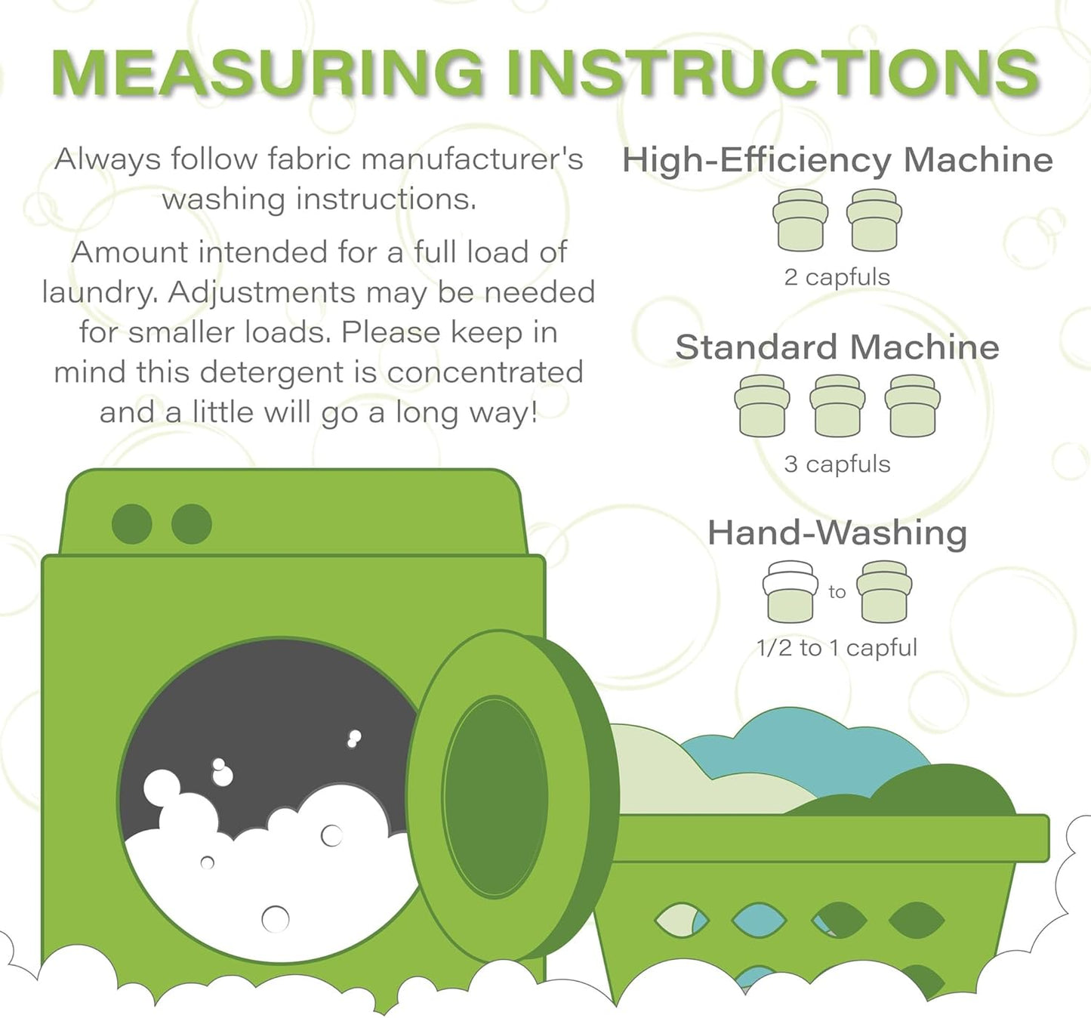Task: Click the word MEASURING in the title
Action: (x=267, y=72)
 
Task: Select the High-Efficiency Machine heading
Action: (x=837, y=160)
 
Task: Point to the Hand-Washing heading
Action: (x=837, y=533)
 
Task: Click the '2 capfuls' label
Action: (x=837, y=276)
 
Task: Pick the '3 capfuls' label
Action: (x=837, y=464)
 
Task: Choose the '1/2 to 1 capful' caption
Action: (x=837, y=648)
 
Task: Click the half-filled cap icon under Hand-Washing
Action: (x=791, y=591)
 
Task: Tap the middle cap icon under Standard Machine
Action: (x=837, y=406)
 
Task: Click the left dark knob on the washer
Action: (x=132, y=524)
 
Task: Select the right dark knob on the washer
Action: (x=192, y=524)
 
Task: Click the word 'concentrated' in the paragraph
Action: (x=485, y=372)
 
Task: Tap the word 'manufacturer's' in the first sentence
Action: (x=472, y=159)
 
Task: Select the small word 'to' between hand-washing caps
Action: (x=837, y=592)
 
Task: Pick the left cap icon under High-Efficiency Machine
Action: (x=800, y=219)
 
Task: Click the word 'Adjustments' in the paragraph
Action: (x=262, y=292)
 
